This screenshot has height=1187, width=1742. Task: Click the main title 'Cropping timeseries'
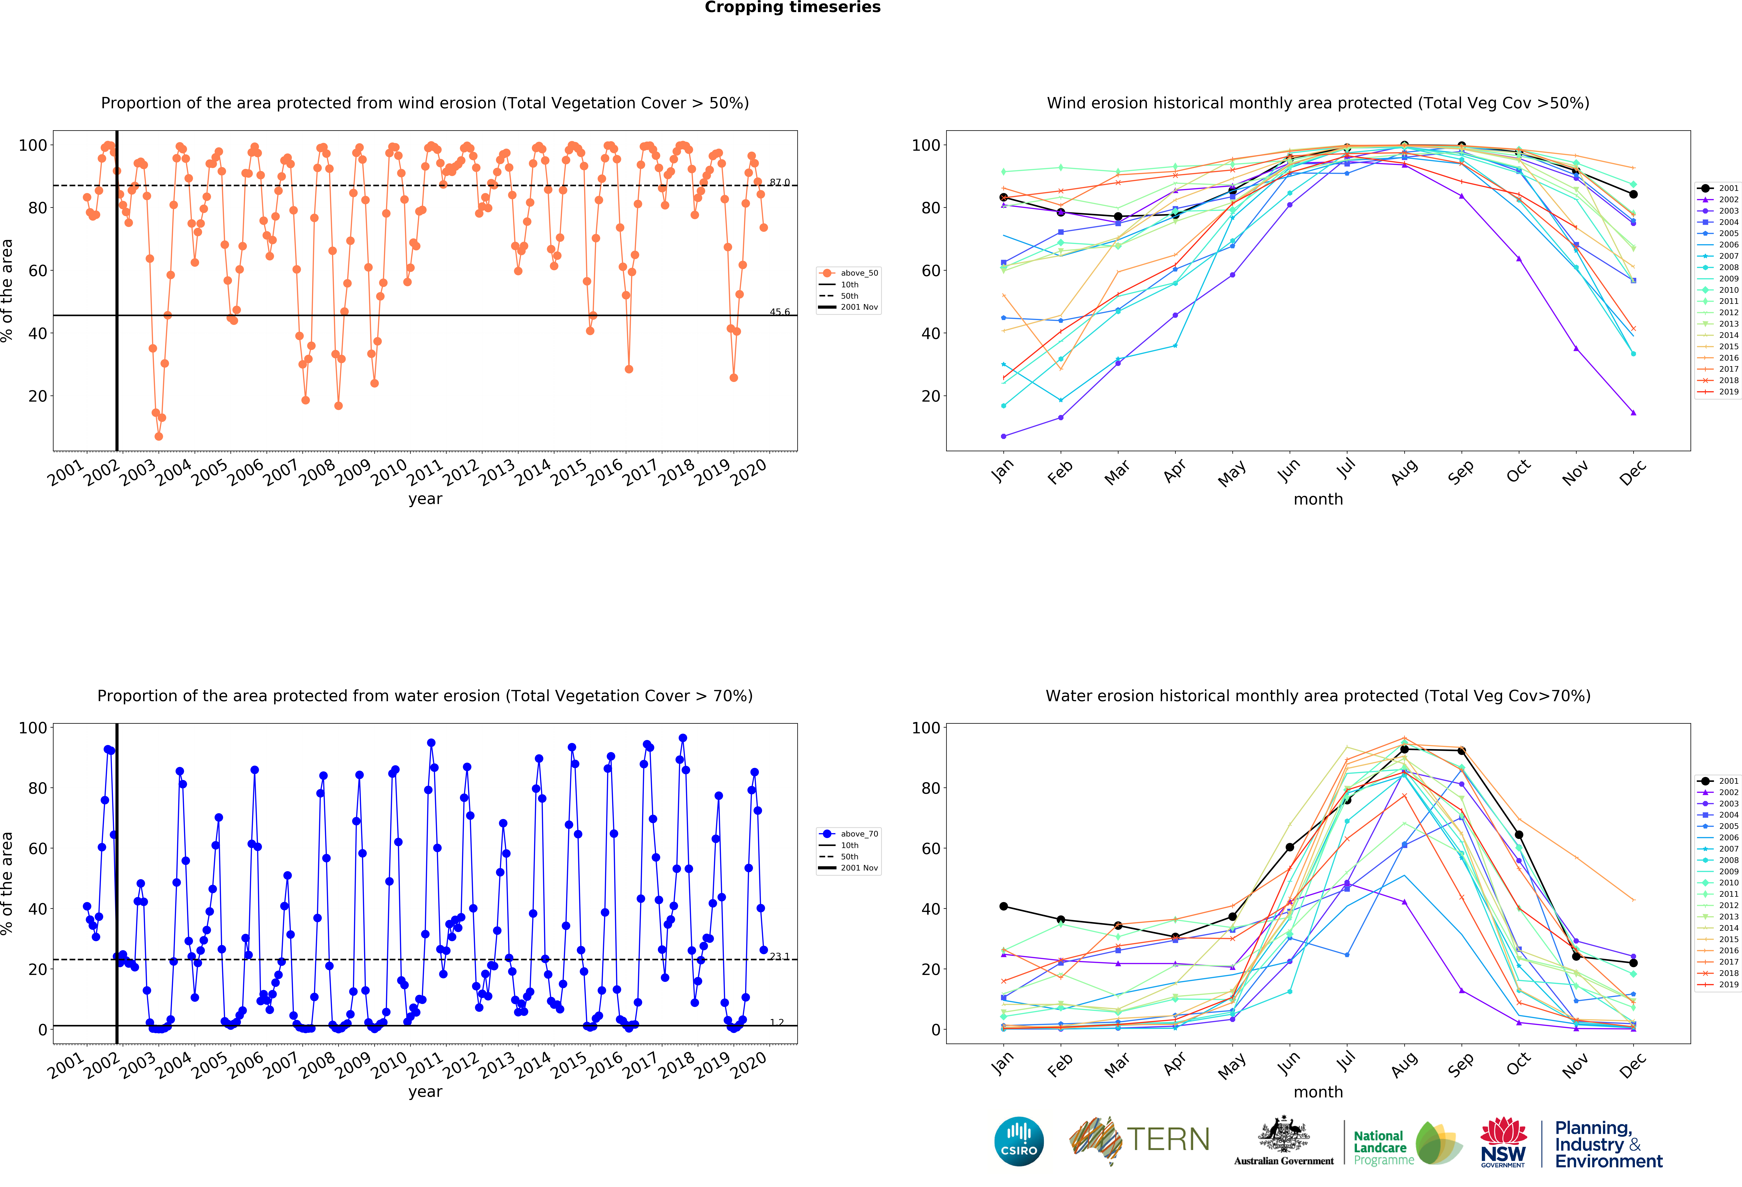(792, 7)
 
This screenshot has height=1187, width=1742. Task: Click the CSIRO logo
(1019, 1141)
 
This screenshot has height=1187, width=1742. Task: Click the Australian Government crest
(1284, 1135)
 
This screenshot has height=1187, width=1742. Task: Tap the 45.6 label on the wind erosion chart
(779, 312)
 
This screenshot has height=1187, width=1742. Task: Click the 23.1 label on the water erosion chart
(779, 956)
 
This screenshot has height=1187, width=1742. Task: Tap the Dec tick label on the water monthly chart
(1633, 1064)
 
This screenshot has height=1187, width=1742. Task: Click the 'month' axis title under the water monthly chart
(1318, 1092)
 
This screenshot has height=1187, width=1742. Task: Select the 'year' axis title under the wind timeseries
(425, 499)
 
